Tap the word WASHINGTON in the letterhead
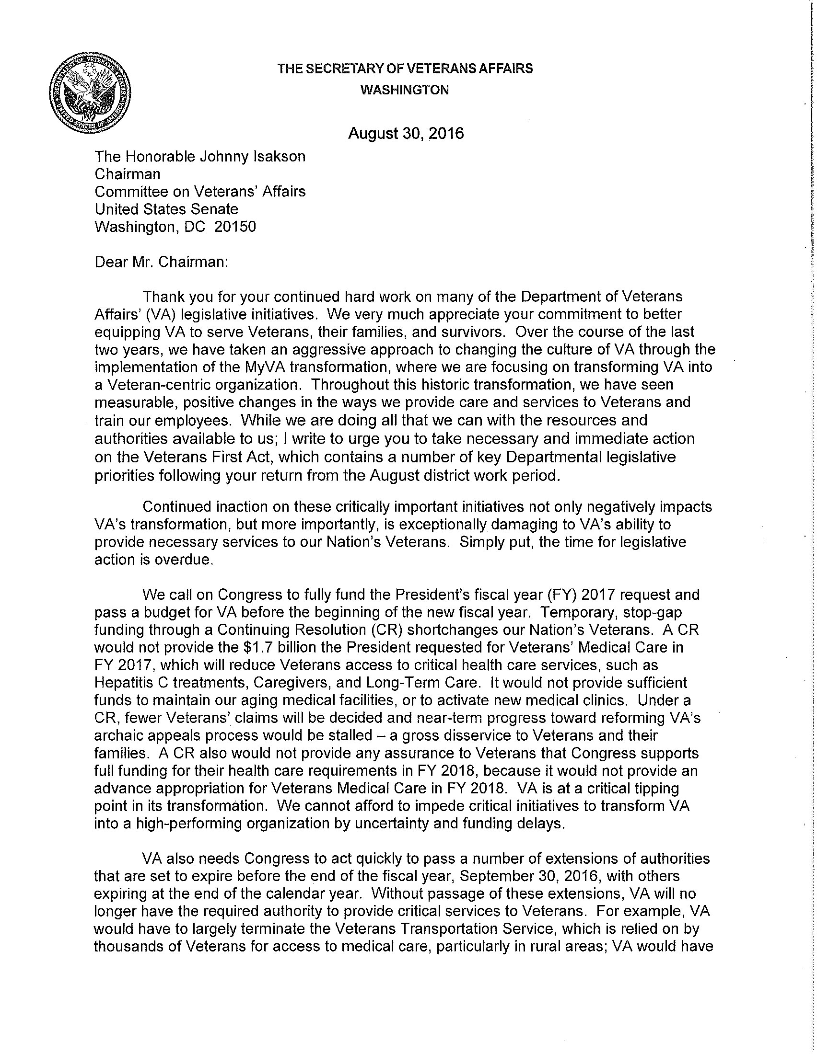click(405, 90)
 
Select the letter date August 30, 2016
click(406, 133)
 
